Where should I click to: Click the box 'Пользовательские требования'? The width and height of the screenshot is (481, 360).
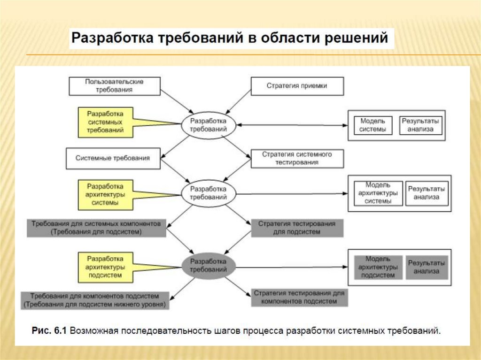point(114,85)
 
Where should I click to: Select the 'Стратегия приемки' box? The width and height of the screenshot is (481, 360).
point(297,86)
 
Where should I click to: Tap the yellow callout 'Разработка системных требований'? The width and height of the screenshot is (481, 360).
point(106,122)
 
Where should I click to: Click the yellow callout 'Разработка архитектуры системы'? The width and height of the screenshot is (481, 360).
point(106,194)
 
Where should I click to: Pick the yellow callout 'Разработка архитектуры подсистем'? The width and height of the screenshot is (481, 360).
point(106,267)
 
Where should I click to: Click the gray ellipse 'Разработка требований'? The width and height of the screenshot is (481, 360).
point(209,267)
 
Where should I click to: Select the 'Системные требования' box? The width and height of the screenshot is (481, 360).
point(113,159)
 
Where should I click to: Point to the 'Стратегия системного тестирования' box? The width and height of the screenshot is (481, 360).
point(297,159)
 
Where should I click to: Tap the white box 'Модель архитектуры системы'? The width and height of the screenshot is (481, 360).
point(378,193)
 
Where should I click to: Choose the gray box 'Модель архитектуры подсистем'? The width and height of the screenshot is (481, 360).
point(378,267)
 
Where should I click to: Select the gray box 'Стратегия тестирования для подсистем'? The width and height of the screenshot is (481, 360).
point(297,228)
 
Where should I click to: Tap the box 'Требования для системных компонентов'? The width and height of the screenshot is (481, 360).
point(97,228)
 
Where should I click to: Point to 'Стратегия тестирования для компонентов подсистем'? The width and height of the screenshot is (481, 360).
point(299,297)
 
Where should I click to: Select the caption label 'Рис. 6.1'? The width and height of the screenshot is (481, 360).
point(49,330)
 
